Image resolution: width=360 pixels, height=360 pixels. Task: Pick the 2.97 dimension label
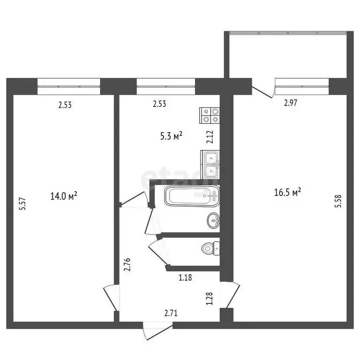291,104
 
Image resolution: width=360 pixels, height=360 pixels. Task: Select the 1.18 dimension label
186,277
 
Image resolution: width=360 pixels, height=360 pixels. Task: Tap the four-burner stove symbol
210,115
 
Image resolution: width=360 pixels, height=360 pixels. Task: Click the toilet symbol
210,248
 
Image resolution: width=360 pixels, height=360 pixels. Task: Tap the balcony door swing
262,90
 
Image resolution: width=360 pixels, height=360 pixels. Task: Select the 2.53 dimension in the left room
65,105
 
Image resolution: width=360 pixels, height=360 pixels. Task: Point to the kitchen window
166,83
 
